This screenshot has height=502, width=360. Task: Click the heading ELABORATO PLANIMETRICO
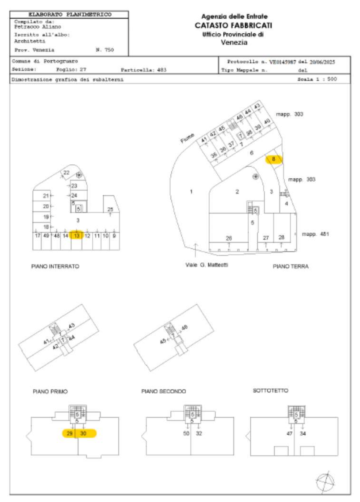coord(70,15)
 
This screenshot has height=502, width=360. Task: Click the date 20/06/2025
coord(324,62)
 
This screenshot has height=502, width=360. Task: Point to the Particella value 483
coord(162,70)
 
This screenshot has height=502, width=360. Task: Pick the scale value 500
coord(332,80)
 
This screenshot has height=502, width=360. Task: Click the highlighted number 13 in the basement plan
coord(77,236)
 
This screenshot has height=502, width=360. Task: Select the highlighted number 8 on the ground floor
coord(273,159)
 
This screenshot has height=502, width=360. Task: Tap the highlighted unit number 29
coord(70,433)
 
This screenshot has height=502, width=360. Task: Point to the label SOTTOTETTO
coord(270,390)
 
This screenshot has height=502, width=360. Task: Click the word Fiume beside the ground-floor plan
coord(187,138)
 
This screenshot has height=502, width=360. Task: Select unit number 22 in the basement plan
coord(67,173)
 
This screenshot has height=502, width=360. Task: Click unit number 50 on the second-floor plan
coord(186,433)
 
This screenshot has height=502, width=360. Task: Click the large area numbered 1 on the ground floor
coord(191,192)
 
